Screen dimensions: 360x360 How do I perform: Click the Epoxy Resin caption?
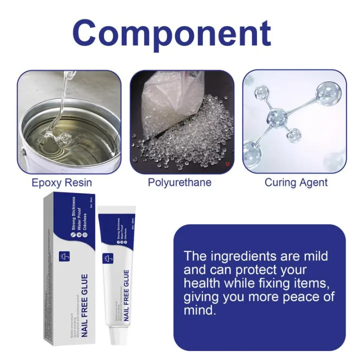[61, 182]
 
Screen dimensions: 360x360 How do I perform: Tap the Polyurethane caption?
[179, 182]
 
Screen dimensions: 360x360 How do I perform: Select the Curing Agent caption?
[296, 182]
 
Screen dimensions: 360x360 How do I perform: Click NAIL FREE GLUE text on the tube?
[126, 295]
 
